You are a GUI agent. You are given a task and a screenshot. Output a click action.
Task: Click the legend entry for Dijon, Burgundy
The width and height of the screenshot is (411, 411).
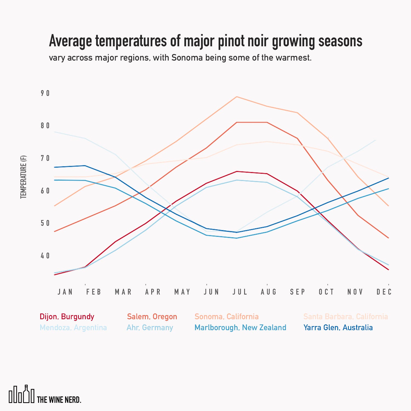(x=67, y=317)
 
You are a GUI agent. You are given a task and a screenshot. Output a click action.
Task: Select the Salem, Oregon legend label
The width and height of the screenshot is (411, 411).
(x=152, y=317)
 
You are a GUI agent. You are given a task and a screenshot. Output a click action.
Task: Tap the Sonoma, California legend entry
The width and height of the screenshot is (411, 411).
(x=227, y=317)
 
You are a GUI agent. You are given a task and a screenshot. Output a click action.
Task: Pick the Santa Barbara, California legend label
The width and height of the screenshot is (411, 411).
(x=346, y=317)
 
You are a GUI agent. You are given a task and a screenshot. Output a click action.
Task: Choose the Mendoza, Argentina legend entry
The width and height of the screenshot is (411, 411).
(x=73, y=328)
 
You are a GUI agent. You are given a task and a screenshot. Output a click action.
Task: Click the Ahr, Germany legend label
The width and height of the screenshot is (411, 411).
(x=150, y=328)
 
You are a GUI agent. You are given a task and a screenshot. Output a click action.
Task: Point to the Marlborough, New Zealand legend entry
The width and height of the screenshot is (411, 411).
(x=240, y=328)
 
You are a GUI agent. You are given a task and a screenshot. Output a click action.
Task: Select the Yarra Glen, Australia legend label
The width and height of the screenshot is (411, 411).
(x=338, y=328)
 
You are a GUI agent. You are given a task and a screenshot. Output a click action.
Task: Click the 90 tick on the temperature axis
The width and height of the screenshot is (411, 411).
(x=45, y=93)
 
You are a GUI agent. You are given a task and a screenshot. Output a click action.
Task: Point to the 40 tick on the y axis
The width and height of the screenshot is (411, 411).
(x=45, y=256)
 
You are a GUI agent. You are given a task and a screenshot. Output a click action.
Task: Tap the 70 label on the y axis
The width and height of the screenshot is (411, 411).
(x=45, y=158)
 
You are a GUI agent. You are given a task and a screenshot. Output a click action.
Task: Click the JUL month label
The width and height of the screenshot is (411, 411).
(x=240, y=292)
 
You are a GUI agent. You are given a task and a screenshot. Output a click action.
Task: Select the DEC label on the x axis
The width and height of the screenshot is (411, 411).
(x=384, y=292)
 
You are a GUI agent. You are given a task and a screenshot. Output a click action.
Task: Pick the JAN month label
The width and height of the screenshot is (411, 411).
(x=65, y=292)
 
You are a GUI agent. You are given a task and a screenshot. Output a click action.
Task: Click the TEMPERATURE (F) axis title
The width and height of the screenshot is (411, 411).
(x=24, y=177)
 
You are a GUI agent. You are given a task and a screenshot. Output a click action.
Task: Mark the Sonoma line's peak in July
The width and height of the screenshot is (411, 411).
(x=236, y=97)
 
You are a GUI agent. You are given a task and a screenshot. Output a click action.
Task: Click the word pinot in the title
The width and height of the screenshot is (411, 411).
(x=231, y=41)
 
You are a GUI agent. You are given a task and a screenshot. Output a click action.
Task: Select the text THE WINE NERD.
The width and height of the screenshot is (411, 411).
(x=59, y=400)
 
